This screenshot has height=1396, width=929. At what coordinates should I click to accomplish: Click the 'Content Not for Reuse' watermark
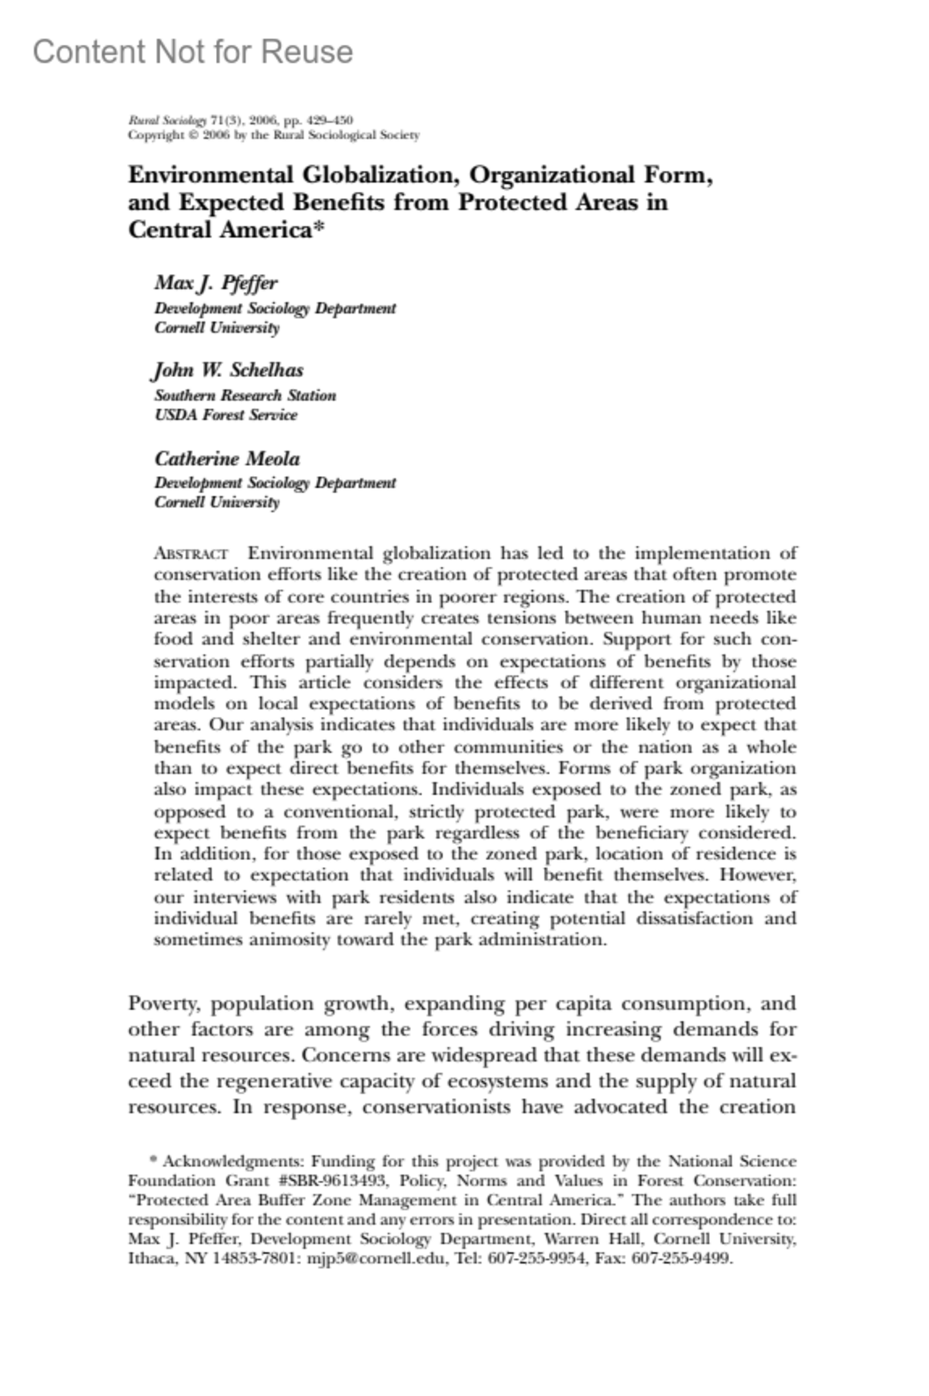point(193,52)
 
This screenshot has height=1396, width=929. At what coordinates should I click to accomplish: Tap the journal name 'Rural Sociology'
point(167,120)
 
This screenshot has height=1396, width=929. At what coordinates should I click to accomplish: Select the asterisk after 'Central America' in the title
point(317,229)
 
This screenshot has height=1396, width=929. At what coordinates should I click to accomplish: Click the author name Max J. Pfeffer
point(216,283)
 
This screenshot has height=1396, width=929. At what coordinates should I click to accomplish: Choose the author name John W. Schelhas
point(228,370)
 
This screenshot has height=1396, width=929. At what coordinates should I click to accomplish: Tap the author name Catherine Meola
point(227,459)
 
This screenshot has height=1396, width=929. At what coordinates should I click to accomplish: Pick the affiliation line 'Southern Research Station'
point(245,396)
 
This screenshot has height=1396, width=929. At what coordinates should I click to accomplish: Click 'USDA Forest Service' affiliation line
point(225,415)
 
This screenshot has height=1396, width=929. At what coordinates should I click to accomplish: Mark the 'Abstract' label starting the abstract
point(190,554)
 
